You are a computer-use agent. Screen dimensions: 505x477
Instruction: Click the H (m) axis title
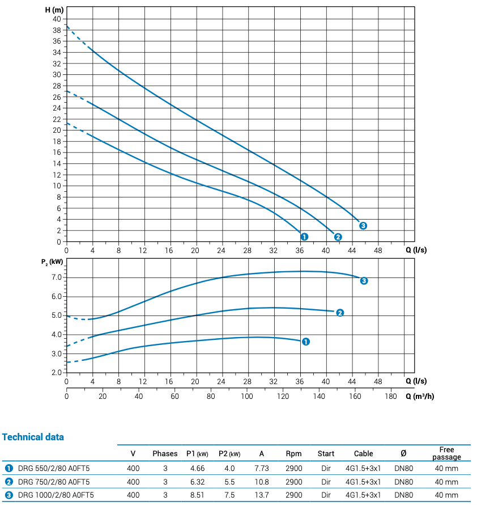54,10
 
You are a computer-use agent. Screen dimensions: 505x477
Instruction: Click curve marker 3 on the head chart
363,226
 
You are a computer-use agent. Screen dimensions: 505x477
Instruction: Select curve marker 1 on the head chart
304,237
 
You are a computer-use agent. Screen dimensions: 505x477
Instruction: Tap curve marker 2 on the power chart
340,313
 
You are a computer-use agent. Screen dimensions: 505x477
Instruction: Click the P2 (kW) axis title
52,262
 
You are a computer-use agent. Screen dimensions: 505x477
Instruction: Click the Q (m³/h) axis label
420,397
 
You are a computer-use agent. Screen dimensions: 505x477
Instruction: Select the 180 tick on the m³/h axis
391,397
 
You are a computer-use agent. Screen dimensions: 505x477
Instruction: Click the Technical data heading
33,437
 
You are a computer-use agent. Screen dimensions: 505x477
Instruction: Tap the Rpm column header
293,454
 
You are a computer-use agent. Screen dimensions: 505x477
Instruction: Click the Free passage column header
446,453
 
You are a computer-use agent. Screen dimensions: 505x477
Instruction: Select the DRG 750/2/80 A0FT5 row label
54,482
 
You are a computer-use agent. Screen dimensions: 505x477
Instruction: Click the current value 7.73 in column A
262,468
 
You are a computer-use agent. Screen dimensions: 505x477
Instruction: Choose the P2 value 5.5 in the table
229,482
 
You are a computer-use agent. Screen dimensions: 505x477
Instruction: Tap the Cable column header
363,454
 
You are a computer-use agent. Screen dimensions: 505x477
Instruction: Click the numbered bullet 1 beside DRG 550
8,468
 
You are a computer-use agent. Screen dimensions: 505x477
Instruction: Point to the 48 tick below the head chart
378,250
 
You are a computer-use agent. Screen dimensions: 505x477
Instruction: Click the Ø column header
403,454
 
